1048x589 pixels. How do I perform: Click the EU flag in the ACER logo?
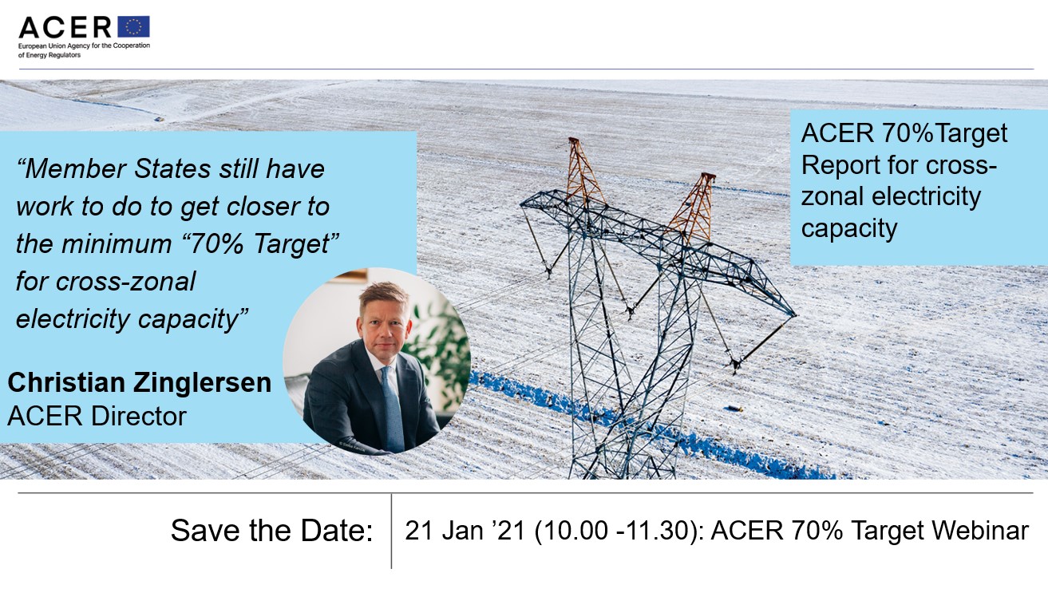pos(133,26)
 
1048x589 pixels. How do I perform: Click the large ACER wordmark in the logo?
pos(65,27)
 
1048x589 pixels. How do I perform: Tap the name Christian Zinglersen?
pos(140,382)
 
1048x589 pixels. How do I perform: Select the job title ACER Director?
pos(97,416)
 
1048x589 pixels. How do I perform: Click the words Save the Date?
pos(272,531)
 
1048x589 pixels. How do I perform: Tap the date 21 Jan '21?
pos(465,531)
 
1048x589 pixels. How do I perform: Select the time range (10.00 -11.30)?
pos(619,531)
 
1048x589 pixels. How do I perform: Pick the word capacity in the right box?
pos(849,229)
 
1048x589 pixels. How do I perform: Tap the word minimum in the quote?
pos(117,243)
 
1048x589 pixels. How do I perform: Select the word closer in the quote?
pos(262,207)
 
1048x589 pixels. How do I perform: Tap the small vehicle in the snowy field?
pos(160,119)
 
